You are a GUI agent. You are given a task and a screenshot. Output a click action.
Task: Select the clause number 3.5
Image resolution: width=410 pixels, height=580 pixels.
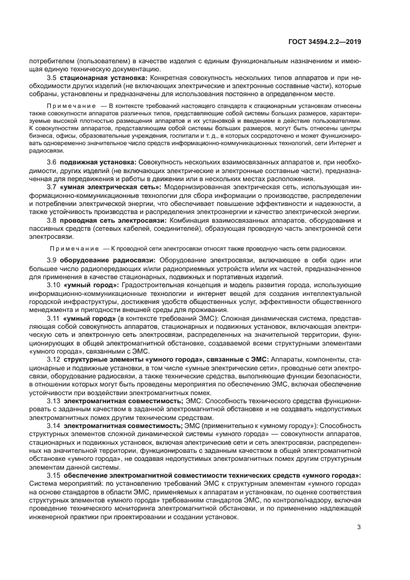(51, 78)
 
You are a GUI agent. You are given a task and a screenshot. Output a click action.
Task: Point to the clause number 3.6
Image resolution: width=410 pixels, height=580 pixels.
(51, 162)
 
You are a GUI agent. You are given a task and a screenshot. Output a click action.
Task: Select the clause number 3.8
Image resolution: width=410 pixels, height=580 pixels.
(51, 221)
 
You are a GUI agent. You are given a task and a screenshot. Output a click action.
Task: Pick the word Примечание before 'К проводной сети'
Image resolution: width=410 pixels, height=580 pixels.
(69, 248)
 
